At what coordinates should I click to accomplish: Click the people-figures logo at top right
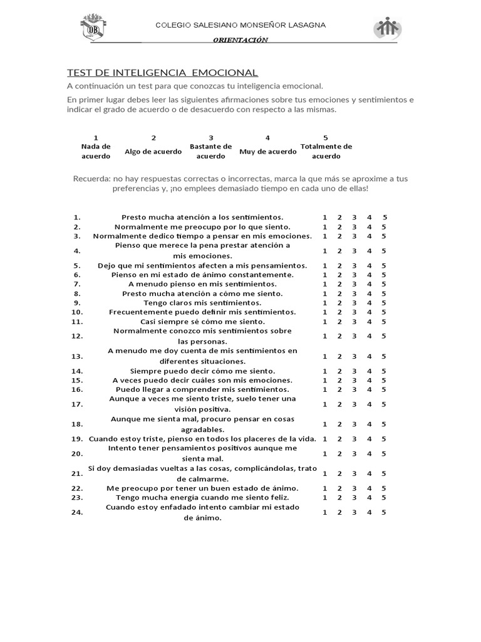[388, 28]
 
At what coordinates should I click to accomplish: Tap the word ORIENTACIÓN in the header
[240, 40]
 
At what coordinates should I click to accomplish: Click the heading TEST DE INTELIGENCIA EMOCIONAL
[162, 73]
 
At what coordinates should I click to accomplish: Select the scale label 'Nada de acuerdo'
[96, 151]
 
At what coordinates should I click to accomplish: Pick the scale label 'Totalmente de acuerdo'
[326, 151]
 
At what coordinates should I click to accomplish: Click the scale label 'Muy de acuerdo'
[267, 151]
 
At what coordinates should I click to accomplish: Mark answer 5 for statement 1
[384, 217]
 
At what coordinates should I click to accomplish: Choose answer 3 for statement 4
[354, 251]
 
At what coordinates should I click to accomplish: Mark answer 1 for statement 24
[324, 512]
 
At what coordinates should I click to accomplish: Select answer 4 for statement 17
[370, 404]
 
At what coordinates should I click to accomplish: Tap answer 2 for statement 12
[339, 336]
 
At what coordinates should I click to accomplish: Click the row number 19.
[77, 439]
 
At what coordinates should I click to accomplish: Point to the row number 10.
[77, 312]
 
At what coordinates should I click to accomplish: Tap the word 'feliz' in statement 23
[279, 497]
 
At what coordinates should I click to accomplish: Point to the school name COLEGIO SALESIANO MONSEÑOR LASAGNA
[240, 25]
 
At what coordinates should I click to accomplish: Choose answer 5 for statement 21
[384, 473]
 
